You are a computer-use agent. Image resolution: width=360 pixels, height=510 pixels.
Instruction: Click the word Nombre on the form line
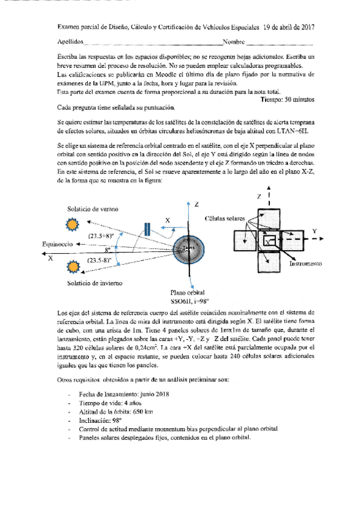(234, 43)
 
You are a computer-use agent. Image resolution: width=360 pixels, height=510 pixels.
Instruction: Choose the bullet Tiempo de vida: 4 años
(107, 402)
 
